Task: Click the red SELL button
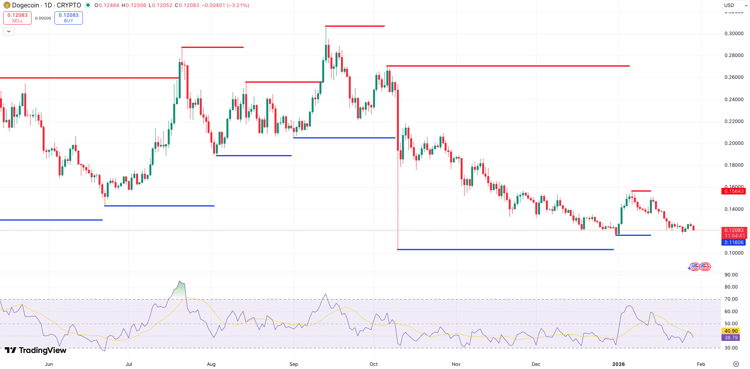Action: (x=17, y=18)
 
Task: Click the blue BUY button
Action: (x=68, y=18)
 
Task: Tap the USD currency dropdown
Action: (x=736, y=5)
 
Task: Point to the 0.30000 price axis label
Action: (x=734, y=34)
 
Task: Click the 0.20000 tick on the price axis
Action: (x=734, y=143)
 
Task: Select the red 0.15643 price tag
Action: (x=734, y=191)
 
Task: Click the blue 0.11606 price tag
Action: (x=734, y=242)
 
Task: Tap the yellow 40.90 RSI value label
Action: (x=731, y=331)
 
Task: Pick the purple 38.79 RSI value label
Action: (x=731, y=338)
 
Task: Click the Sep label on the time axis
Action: (x=293, y=364)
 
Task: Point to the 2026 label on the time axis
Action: (x=618, y=364)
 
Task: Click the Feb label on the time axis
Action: (x=701, y=364)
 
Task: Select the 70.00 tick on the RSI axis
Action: (x=731, y=299)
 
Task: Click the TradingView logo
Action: (x=36, y=350)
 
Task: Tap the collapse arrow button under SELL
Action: (x=9, y=32)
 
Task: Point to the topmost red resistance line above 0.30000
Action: (x=355, y=26)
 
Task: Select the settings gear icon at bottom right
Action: (x=736, y=364)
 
